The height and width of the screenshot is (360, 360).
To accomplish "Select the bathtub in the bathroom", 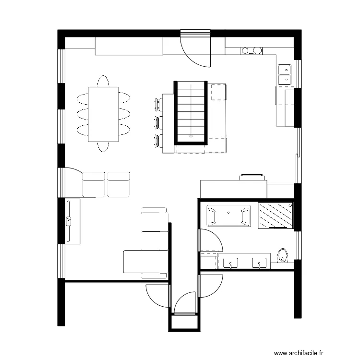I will [228, 216].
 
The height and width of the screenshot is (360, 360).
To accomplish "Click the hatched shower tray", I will [276, 216].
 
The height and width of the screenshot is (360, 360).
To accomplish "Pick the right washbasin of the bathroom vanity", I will [260, 263].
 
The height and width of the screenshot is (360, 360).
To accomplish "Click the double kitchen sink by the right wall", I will [284, 73].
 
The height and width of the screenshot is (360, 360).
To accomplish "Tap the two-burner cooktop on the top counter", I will [252, 50].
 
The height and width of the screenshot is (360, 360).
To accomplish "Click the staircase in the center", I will [191, 113].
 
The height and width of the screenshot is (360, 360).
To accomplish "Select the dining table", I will [103, 114].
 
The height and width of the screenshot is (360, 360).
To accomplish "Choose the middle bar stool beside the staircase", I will [158, 121].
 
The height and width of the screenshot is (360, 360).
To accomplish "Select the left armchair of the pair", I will [94, 184].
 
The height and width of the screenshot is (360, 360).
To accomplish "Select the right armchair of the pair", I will [119, 184].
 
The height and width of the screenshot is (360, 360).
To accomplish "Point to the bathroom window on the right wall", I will [298, 245].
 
